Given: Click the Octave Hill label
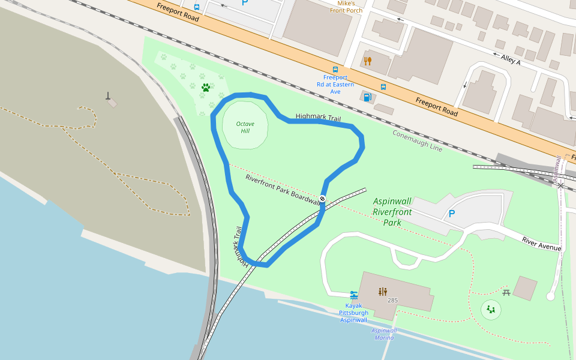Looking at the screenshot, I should point(245,127).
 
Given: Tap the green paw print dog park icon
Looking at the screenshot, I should point(206,88).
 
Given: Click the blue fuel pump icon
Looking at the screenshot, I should point(367,97).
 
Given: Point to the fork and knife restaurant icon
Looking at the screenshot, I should point(368,61).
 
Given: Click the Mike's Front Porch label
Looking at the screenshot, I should point(346,7).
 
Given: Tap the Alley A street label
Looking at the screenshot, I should point(511,58).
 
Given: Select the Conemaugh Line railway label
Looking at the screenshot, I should point(418,140).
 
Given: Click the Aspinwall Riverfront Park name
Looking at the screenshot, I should point(392,212).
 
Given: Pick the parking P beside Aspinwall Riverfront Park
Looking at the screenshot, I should point(452,214).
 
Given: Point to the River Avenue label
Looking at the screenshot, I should point(541,244).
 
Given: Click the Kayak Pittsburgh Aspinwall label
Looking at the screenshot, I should point(354,313).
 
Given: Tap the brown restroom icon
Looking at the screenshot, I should point(383,292).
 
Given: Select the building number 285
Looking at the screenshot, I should point(392,300).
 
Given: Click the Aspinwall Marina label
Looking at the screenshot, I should point(384,334).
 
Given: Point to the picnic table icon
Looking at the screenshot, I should point(506,292).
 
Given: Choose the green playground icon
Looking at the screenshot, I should point(491,310).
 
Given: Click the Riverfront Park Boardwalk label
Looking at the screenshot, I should point(282,190).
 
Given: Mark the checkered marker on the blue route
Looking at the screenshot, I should point(322,199).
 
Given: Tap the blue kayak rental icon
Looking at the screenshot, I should point(353,295).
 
